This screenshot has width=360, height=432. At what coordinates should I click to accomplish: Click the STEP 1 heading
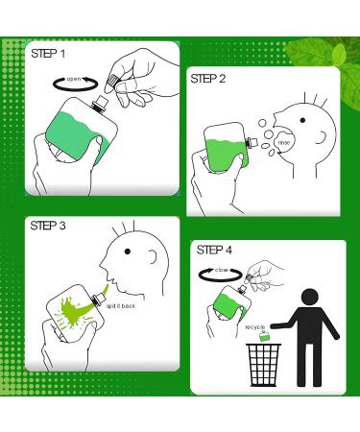pos(47,53)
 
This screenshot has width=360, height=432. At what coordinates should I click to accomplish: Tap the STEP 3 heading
pos(47,227)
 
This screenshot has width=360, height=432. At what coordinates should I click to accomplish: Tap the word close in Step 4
pos(221,271)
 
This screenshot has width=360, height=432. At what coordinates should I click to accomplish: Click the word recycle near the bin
pos(255,327)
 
